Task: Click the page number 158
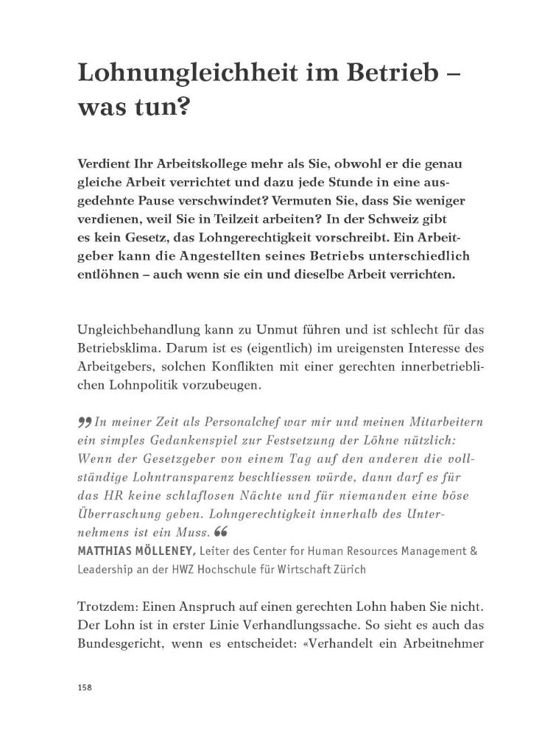pyautogui.click(x=83, y=687)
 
